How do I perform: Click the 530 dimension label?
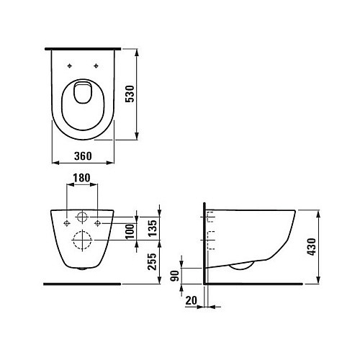(130, 94)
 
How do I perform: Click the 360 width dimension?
(83, 156)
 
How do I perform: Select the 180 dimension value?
(81, 178)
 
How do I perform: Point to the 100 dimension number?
(130, 231)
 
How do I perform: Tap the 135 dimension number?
(153, 228)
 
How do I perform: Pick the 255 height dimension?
(152, 261)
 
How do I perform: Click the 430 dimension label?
(311, 247)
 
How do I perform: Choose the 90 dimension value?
(175, 276)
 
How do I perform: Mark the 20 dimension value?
(192, 300)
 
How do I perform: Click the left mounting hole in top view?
(70, 66)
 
